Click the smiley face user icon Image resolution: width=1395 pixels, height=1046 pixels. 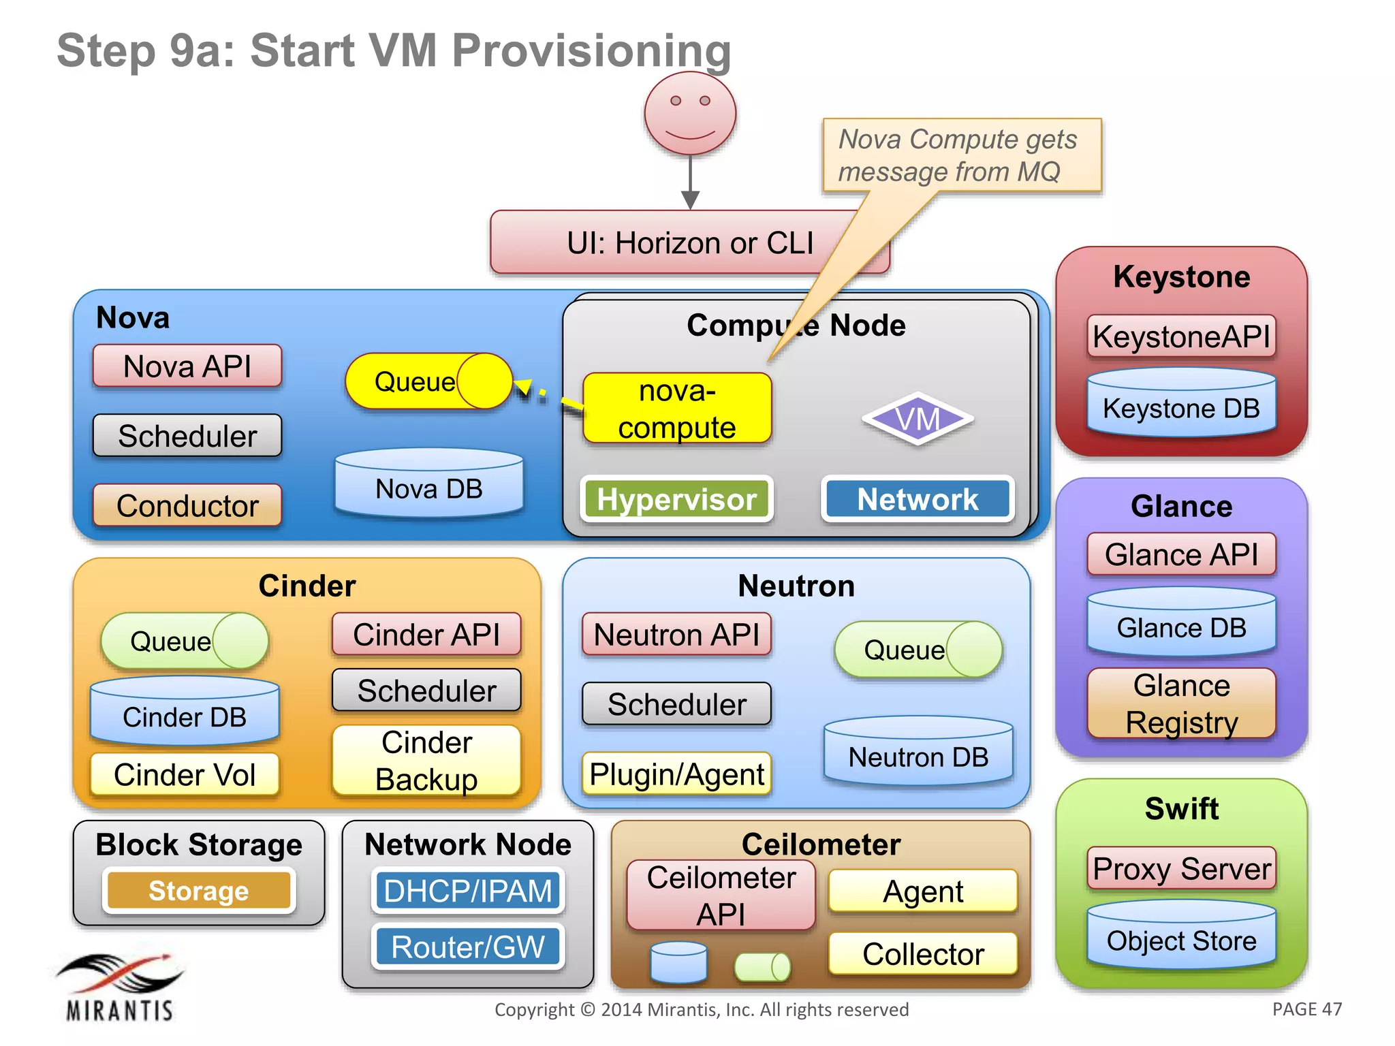point(690,113)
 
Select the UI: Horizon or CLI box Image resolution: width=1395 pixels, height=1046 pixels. point(689,243)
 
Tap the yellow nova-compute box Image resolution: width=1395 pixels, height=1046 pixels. point(677,409)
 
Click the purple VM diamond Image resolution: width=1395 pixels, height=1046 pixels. point(918,419)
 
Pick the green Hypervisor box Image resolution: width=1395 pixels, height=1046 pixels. point(676,499)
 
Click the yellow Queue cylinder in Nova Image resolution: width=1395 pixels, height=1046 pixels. point(428,381)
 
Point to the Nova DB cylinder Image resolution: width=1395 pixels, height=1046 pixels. point(429,484)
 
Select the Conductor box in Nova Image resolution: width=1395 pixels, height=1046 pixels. point(187,505)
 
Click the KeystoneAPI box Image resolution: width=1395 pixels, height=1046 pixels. point(1181,336)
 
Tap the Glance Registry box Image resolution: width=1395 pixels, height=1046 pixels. point(1181,703)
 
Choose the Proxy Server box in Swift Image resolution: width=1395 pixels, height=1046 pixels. point(1181,868)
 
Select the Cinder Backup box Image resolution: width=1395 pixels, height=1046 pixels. point(426,761)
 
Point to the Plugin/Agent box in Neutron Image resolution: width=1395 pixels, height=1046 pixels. point(676,774)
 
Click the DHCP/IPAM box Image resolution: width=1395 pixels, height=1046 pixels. point(468,891)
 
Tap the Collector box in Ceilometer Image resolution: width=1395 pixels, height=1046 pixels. point(923,953)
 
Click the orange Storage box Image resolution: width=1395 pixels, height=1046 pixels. point(199,891)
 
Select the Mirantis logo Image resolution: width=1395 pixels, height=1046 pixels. point(120,987)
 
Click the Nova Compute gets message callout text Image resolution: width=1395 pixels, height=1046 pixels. point(957,155)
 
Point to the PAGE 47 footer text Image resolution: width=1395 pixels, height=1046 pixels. point(1306,1009)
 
